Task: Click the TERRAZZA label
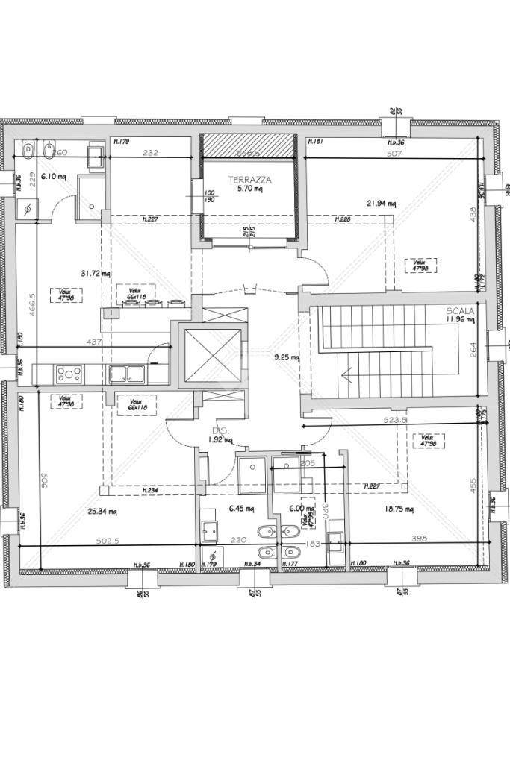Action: tap(249, 180)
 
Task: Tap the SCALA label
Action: tap(461, 311)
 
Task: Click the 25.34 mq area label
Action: tap(102, 512)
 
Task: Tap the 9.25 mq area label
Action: tap(286, 357)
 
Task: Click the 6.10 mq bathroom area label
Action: tap(54, 177)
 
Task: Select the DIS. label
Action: tap(219, 430)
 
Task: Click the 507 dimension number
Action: tap(395, 154)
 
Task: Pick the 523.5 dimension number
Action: tap(395, 421)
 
